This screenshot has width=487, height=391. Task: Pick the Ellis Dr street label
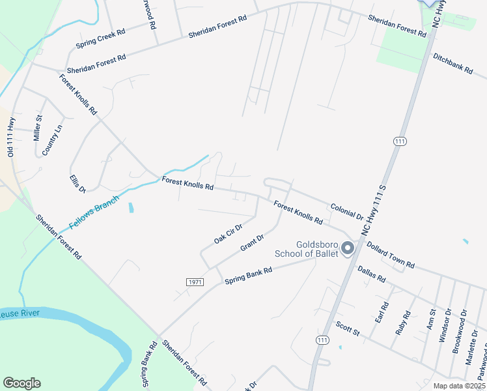(x=77, y=184)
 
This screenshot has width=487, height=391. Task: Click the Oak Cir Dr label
(x=228, y=234)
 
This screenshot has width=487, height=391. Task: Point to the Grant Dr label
(x=252, y=243)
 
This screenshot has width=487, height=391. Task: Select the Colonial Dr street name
(x=346, y=210)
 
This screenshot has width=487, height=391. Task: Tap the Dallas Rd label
(x=372, y=273)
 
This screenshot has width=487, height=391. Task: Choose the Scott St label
(x=348, y=328)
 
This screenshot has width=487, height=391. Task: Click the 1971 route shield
(x=195, y=282)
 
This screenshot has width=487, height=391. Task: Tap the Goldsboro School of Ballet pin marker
(x=347, y=248)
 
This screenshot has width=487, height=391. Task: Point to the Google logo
(x=21, y=383)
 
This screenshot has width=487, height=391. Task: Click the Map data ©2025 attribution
(x=460, y=386)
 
